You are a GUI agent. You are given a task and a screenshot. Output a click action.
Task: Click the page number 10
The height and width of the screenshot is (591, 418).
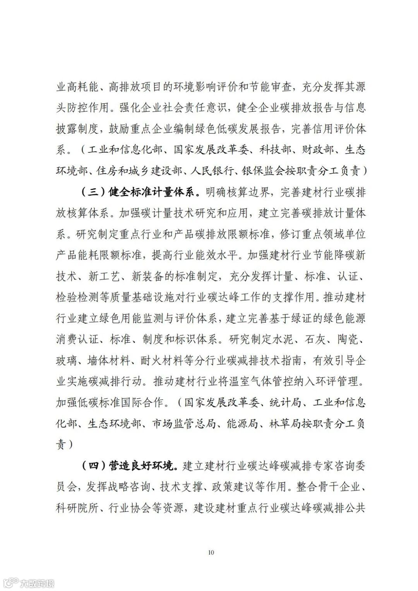tap(211, 552)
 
